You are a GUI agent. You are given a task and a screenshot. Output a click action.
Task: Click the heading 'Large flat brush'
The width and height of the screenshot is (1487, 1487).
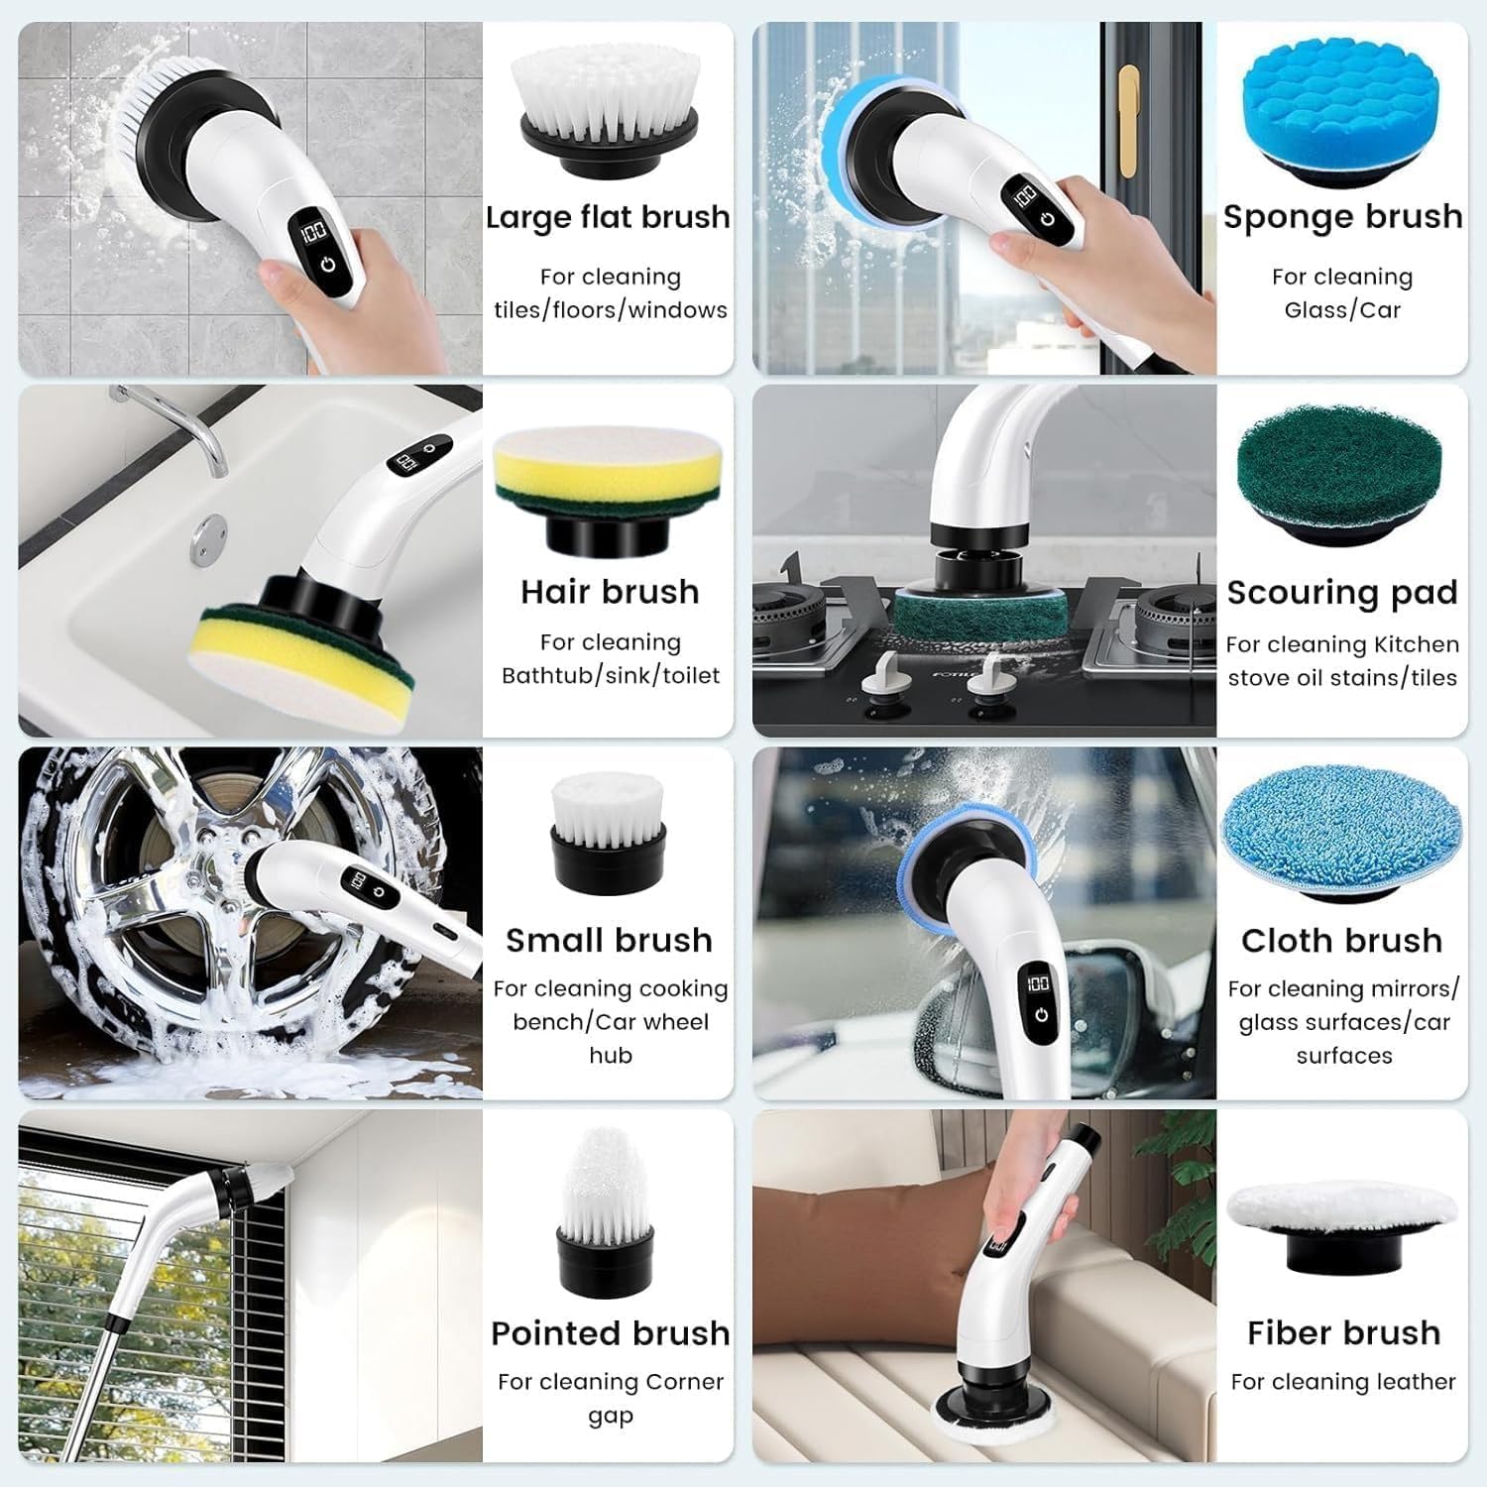(x=608, y=217)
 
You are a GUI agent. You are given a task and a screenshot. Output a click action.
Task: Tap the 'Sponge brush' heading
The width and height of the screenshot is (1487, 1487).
(x=1342, y=216)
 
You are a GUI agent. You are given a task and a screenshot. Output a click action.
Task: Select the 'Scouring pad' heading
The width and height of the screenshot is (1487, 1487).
(x=1342, y=592)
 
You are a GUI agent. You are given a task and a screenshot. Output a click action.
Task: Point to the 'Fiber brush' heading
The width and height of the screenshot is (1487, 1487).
(x=1343, y=1332)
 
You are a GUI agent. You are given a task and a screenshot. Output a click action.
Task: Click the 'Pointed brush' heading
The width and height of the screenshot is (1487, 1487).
(x=610, y=1332)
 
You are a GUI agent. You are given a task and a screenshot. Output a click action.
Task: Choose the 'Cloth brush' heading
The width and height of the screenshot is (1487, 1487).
(x=1341, y=940)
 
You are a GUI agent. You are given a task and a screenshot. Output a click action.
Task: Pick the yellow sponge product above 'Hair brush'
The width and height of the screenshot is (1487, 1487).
(x=608, y=476)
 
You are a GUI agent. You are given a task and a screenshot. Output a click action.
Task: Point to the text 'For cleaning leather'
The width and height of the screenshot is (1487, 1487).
(x=1343, y=1381)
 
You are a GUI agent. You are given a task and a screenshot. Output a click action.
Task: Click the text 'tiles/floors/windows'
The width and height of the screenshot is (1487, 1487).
(x=611, y=309)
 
